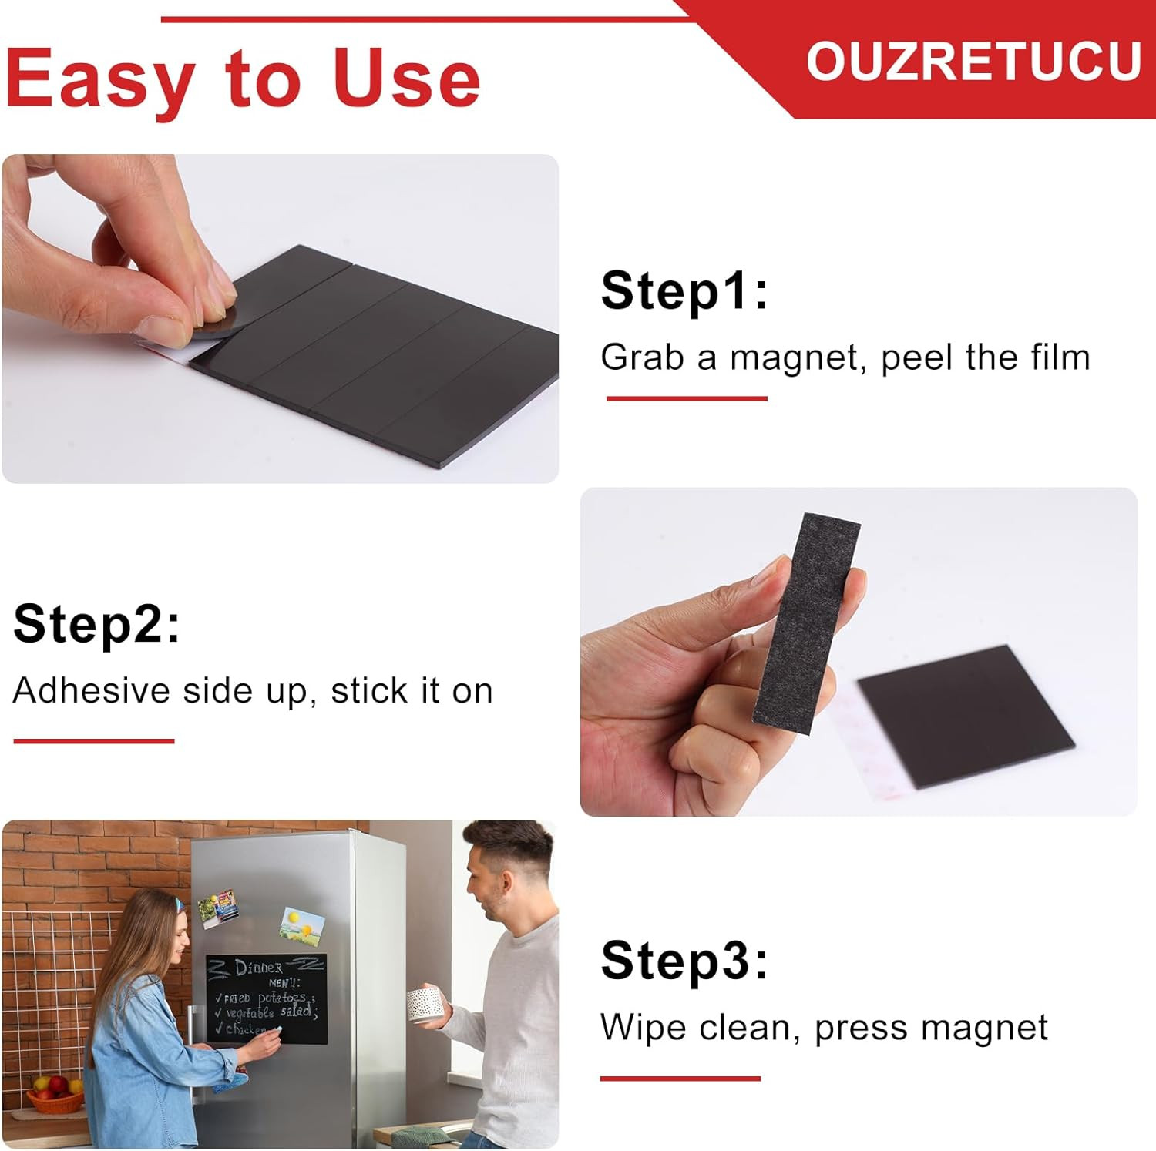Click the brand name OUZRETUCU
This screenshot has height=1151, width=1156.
click(973, 61)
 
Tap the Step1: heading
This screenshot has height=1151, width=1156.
click(684, 291)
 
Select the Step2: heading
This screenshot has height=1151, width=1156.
click(96, 624)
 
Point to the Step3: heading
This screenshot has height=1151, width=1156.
click(684, 961)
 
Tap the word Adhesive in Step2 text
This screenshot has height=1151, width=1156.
click(91, 691)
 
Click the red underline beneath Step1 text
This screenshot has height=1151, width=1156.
click(686, 398)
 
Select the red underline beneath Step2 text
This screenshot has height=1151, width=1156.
click(94, 741)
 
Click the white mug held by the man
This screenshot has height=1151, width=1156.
click(425, 1002)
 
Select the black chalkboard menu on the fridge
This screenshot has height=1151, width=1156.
click(266, 998)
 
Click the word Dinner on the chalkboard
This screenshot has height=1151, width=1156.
click(258, 968)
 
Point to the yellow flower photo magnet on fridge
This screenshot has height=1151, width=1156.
click(302, 924)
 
